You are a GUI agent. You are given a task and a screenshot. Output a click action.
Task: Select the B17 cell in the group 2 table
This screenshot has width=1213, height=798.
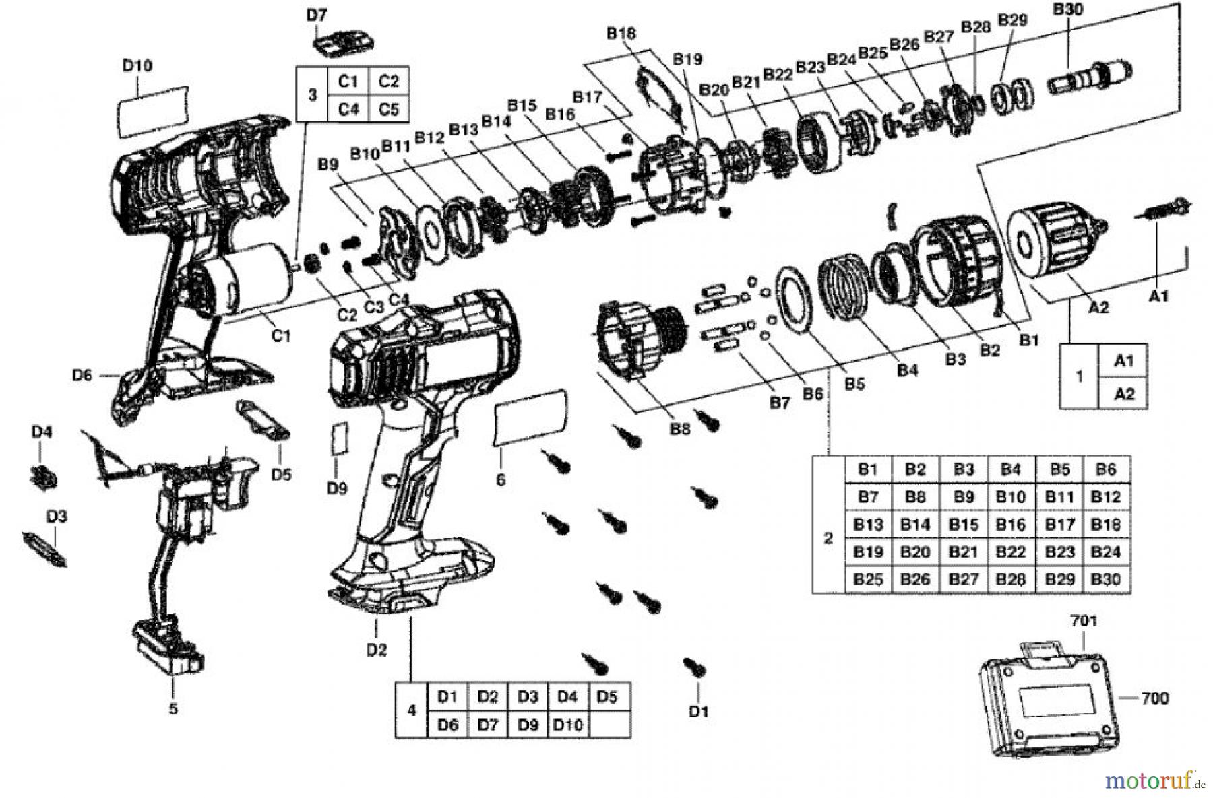pyautogui.click(x=1059, y=524)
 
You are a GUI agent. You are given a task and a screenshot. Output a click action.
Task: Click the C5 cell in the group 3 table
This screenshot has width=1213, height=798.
pyautogui.click(x=388, y=108)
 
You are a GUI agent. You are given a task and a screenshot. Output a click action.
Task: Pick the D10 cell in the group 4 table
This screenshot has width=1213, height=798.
pyautogui.click(x=567, y=725)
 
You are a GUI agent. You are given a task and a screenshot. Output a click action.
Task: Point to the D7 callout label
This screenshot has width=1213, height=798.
pyautogui.click(x=317, y=15)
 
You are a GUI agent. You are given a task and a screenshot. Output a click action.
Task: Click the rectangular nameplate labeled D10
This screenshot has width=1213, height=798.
pyautogui.click(x=152, y=110)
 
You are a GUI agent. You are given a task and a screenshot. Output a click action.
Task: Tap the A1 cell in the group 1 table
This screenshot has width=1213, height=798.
pyautogui.click(x=1123, y=361)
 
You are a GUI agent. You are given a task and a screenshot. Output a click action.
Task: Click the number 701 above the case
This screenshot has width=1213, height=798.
pyautogui.click(x=1084, y=620)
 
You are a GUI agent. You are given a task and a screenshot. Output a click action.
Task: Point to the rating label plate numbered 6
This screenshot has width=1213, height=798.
pyautogui.click(x=529, y=418)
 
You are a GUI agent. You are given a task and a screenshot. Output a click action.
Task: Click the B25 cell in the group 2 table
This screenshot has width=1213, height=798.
pyautogui.click(x=868, y=579)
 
